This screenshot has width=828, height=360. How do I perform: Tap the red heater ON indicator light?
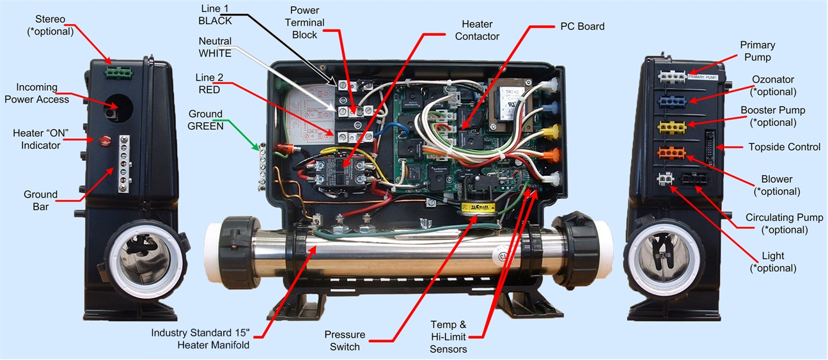tap(104, 140)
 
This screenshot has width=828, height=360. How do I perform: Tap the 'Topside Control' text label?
tap(784, 147)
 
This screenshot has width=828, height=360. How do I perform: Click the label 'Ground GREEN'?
tap(205, 120)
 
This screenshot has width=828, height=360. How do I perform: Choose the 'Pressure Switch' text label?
tap(345, 341)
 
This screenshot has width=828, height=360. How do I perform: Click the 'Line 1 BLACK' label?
tap(215, 15)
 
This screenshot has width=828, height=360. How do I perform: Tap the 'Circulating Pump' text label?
tap(784, 224)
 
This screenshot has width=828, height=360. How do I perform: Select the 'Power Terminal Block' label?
tap(308, 23)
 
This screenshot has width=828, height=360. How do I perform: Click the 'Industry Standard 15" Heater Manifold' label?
tap(200, 339)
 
